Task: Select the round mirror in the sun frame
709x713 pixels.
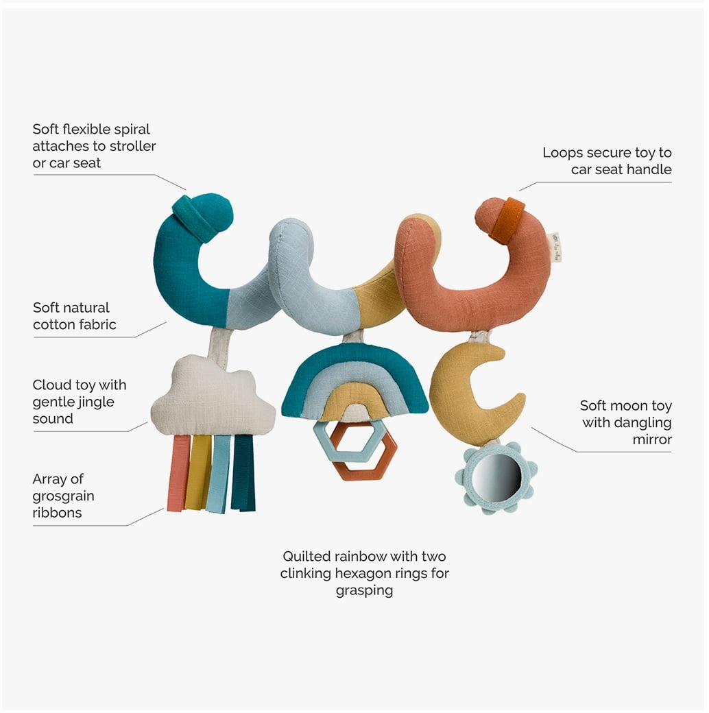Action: pyautogui.click(x=496, y=479)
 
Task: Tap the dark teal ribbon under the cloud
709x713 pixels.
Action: pyautogui.click(x=243, y=473)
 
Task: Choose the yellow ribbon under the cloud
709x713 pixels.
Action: pyautogui.click(x=198, y=473)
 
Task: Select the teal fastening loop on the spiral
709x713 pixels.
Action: pyautogui.click(x=195, y=217)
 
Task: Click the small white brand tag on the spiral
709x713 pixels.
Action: pyautogui.click(x=555, y=247)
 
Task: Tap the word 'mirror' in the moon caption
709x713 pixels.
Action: pyautogui.click(x=652, y=439)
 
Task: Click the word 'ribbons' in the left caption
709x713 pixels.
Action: pyautogui.click(x=58, y=513)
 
